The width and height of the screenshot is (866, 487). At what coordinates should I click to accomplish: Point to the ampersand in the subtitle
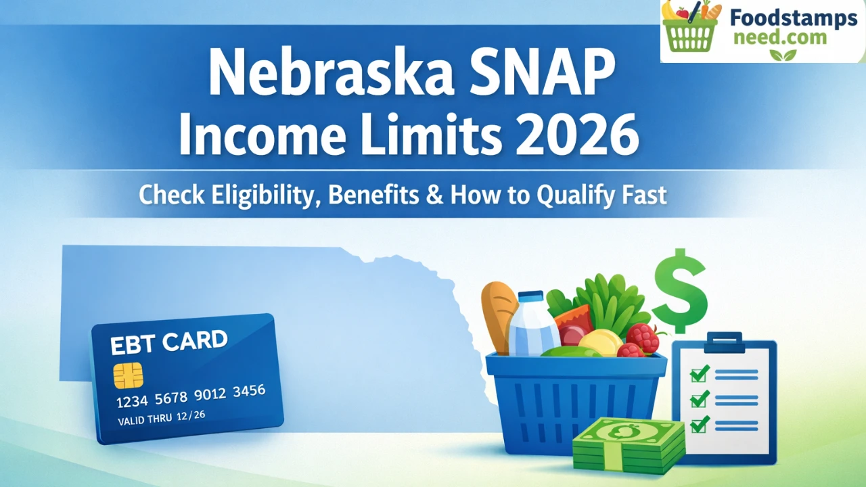[x=434, y=194]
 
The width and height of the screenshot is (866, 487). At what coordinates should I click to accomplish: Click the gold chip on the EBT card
[x=128, y=375]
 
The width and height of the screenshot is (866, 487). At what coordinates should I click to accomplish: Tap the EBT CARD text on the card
[x=168, y=342]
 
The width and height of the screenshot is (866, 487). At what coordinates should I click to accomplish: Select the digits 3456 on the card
[x=250, y=392]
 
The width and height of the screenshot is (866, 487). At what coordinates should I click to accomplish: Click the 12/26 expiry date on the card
[x=191, y=416]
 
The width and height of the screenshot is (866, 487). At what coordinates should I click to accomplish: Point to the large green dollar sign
[x=680, y=291]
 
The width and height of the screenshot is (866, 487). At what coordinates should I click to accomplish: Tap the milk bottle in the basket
[x=533, y=324]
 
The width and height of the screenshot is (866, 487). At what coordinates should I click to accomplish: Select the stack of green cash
[x=629, y=446]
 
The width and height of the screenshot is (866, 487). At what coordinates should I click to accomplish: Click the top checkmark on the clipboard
[x=700, y=373]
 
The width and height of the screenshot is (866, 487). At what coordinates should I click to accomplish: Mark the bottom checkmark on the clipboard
[x=700, y=424]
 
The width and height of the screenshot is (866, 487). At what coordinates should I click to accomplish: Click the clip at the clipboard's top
[x=724, y=342]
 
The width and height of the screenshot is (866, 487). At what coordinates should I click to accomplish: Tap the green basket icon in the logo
[x=690, y=26]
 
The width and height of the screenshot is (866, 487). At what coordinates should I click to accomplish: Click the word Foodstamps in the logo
[x=794, y=18]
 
